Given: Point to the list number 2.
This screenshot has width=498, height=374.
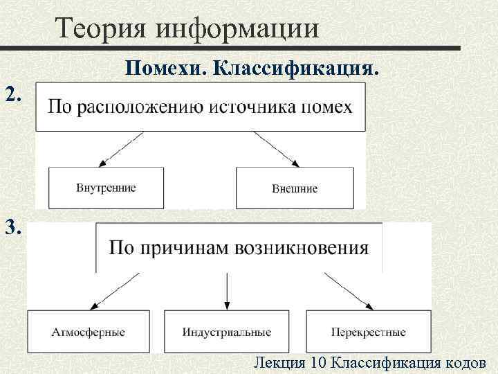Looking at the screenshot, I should coord(15,94).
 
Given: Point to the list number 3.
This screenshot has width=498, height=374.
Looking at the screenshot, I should coord(15,227).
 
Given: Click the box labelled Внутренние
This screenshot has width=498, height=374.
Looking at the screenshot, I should coord(106,188).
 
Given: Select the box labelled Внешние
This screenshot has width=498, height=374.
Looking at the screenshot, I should coord(295,188).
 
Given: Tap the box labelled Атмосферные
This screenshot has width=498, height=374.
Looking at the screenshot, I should coord(89,332).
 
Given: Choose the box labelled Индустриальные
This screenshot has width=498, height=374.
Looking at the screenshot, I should coord(227,332).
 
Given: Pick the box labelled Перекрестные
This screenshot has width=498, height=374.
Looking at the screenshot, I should coord(368,332).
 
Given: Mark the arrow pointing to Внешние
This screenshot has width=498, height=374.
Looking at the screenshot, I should coord(277,149).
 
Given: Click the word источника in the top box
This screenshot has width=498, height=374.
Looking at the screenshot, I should coord(259,108).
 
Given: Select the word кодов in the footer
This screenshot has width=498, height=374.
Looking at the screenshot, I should coord(466,362).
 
